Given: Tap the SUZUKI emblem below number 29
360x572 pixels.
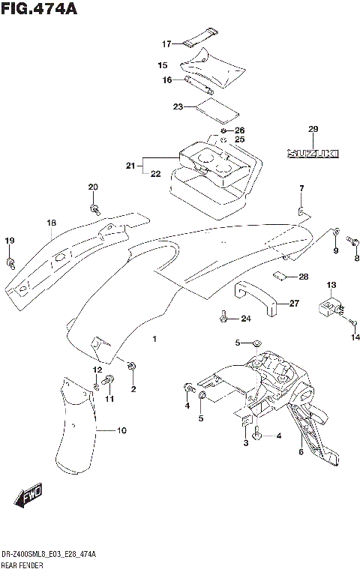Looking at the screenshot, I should pyautogui.click(x=313, y=153).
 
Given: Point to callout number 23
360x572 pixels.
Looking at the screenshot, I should pyautogui.click(x=178, y=106).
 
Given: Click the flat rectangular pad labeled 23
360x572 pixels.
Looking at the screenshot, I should pyautogui.click(x=217, y=109).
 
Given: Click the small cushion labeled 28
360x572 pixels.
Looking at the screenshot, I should pyautogui.click(x=281, y=277).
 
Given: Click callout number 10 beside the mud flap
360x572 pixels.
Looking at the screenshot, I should pyautogui.click(x=121, y=430).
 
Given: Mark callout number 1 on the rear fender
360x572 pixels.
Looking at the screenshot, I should pyautogui.click(x=154, y=340).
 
